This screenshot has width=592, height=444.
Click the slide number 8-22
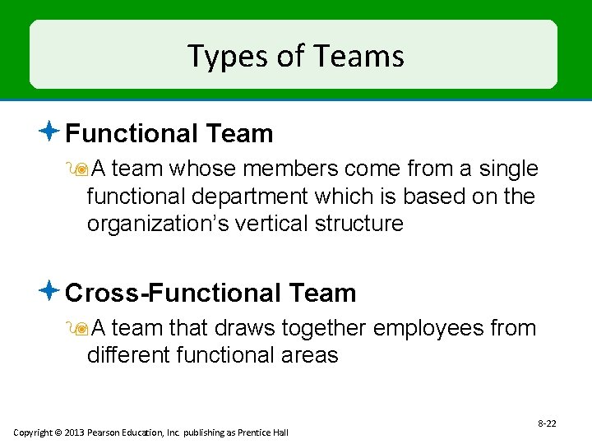[x=546, y=423]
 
